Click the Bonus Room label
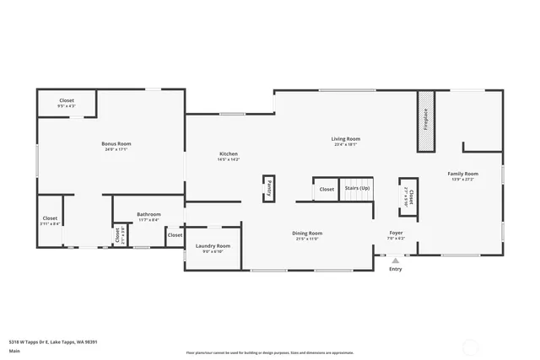click(117, 143)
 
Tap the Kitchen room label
click(229, 153)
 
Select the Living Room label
click(345, 138)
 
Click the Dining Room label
click(307, 233)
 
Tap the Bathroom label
click(148, 213)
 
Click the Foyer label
click(396, 233)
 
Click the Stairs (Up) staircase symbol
click(355, 189)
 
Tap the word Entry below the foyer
click(396, 269)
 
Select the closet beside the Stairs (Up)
click(327, 189)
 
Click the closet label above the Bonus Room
click(67, 100)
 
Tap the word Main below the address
click(14, 351)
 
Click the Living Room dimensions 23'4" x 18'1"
click(345, 144)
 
